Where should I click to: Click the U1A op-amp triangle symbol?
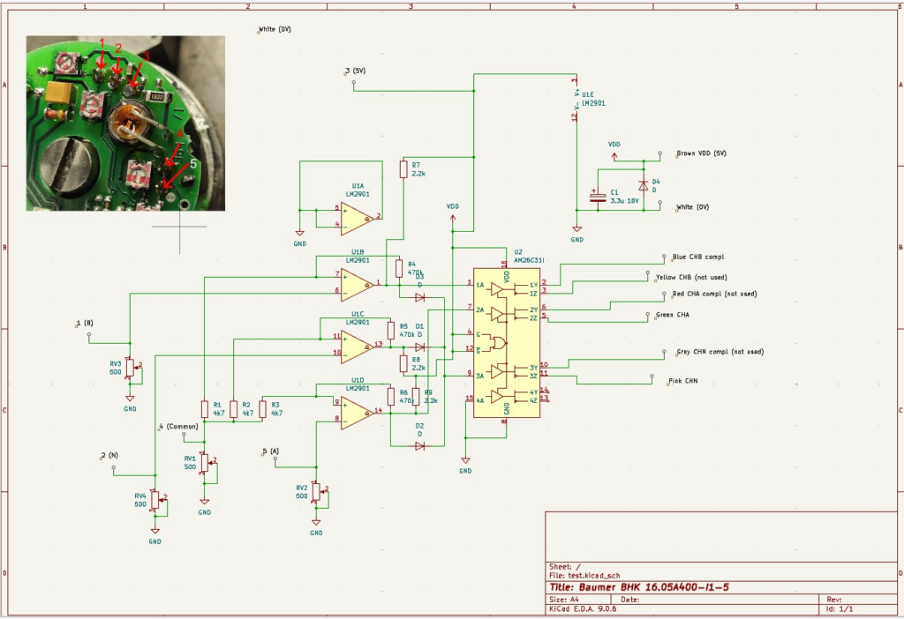tap(356, 214)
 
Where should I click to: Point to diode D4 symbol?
tap(643, 186)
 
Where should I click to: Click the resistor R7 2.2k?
tap(403, 169)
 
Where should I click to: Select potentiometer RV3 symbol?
tap(130, 366)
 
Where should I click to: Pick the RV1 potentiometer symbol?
tap(205, 461)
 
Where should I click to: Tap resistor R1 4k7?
tap(205, 408)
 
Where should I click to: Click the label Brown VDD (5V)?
tap(701, 153)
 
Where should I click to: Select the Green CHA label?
tap(673, 315)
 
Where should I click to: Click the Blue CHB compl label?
tap(697, 257)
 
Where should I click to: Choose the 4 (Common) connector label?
tap(180, 427)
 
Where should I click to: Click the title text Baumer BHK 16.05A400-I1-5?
tap(652, 587)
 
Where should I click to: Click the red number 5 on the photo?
tap(195, 162)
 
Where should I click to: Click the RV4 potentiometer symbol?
tap(155, 500)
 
